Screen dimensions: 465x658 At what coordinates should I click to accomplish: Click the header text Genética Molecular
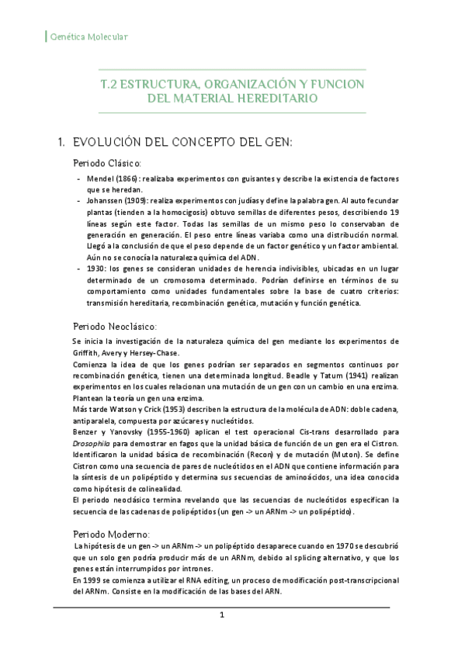(88, 36)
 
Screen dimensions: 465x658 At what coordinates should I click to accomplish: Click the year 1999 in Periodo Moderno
(90, 580)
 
